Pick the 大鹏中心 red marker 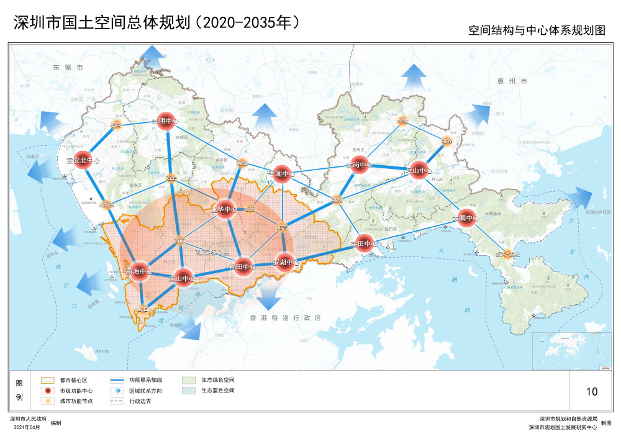coord(468,218)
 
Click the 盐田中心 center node coord(364,243)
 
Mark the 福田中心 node coord(243,267)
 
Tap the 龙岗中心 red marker coord(358,165)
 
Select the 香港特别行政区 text coord(285,317)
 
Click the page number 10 coord(591,391)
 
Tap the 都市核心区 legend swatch coord(48,379)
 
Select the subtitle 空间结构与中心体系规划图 coord(537,30)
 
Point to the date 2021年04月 coord(26,428)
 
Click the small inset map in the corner coord(559,350)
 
